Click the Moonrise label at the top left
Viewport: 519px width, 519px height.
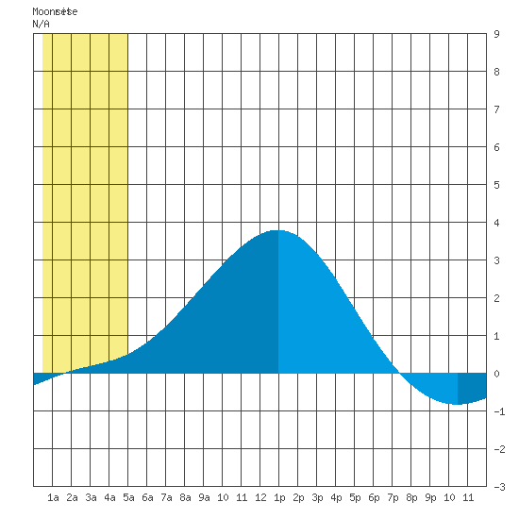(x=55, y=11)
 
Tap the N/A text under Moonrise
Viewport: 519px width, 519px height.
(x=41, y=24)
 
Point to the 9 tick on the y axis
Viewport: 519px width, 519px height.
(x=496, y=34)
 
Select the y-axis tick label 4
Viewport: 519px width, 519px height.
(x=496, y=223)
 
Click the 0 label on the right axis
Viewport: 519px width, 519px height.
(x=496, y=374)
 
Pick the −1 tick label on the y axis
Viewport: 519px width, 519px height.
(x=499, y=411)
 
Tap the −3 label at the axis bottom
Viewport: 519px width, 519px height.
(x=499, y=487)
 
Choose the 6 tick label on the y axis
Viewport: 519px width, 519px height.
(x=496, y=147)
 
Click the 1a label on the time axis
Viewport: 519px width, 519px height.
(x=53, y=497)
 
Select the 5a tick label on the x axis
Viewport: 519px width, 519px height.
(x=128, y=497)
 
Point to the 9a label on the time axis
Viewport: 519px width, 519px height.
(x=204, y=497)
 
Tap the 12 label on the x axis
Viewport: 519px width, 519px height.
(x=260, y=497)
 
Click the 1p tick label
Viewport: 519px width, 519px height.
(x=279, y=497)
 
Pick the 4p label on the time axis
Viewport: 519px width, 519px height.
(x=336, y=497)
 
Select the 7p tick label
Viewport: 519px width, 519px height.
(x=393, y=497)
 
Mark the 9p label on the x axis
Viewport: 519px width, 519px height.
(x=430, y=497)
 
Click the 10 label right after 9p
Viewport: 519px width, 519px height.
(x=449, y=497)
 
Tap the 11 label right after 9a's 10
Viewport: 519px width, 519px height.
(x=242, y=497)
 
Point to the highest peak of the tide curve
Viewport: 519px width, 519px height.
(x=276, y=230)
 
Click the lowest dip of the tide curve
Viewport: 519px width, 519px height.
(x=457, y=404)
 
